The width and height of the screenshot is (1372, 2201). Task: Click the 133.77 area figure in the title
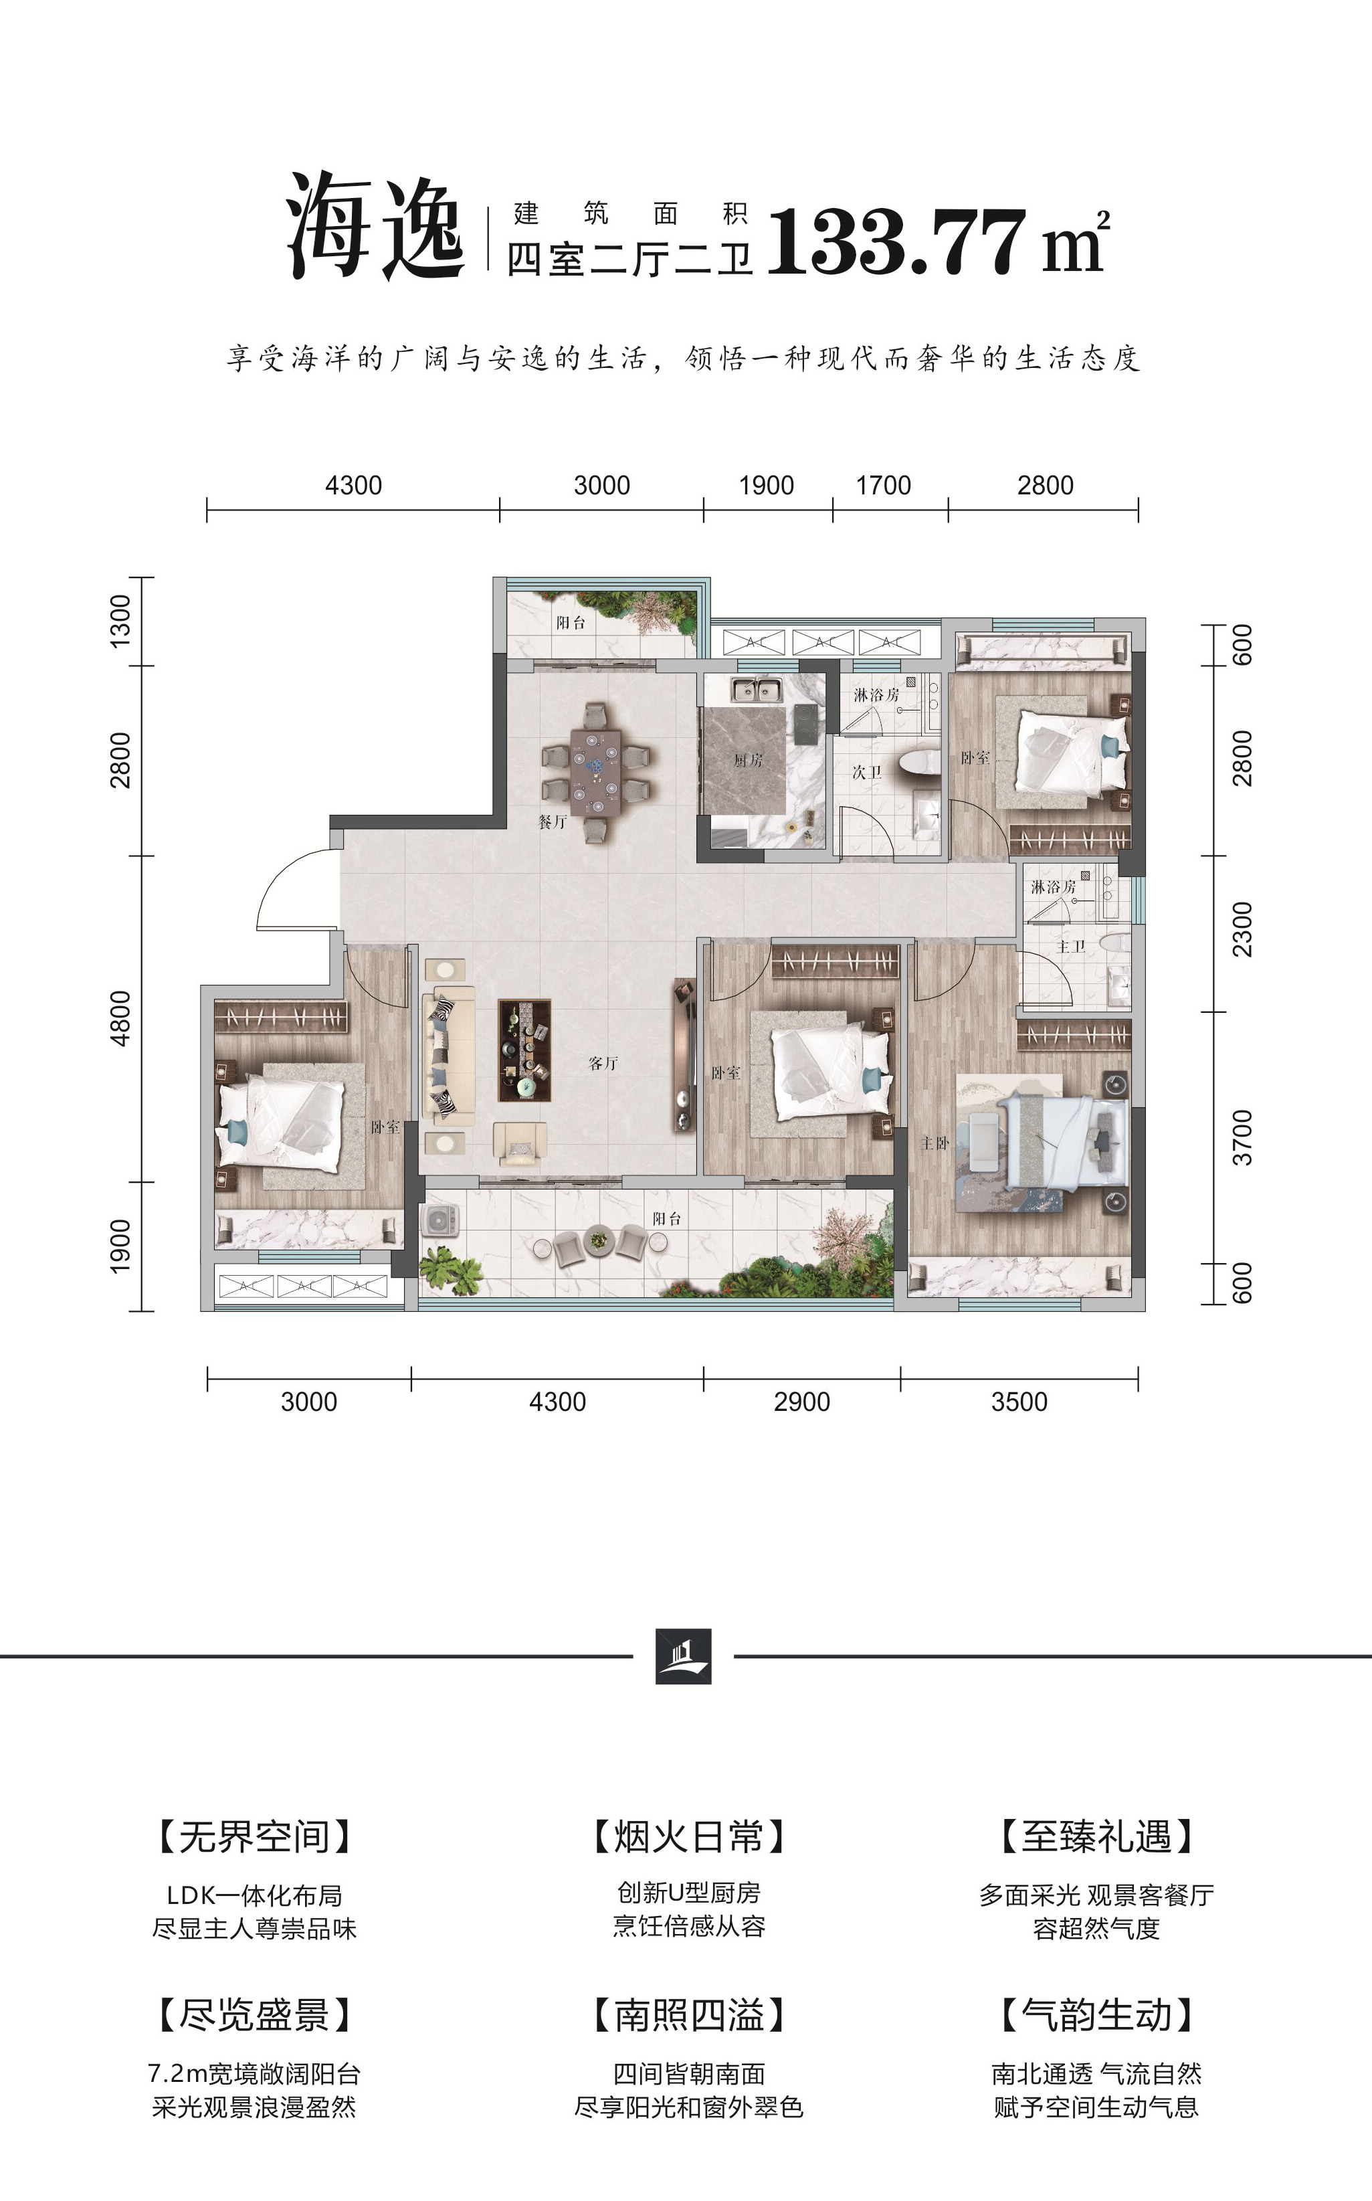pyautogui.click(x=896, y=240)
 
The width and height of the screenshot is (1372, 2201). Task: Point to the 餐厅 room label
pyautogui.click(x=553, y=822)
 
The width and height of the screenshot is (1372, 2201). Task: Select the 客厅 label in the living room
pyautogui.click(x=603, y=1063)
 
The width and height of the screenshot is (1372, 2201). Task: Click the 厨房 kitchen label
pyautogui.click(x=748, y=760)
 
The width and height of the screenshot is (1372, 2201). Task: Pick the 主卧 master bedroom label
pyautogui.click(x=936, y=1143)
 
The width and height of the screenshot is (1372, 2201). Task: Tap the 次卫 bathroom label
pyautogui.click(x=866, y=772)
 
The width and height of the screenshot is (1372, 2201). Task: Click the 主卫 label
pyautogui.click(x=1071, y=946)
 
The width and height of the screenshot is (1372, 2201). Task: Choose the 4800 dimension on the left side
pyautogui.click(x=120, y=1018)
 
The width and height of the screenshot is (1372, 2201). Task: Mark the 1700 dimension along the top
pyautogui.click(x=883, y=486)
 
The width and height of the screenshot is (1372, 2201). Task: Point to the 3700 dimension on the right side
pyautogui.click(x=1242, y=1137)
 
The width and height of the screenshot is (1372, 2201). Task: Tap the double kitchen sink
pyautogui.click(x=758, y=691)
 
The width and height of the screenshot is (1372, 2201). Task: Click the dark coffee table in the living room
pyautogui.click(x=524, y=1050)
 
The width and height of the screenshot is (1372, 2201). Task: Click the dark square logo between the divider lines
pyautogui.click(x=683, y=1656)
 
